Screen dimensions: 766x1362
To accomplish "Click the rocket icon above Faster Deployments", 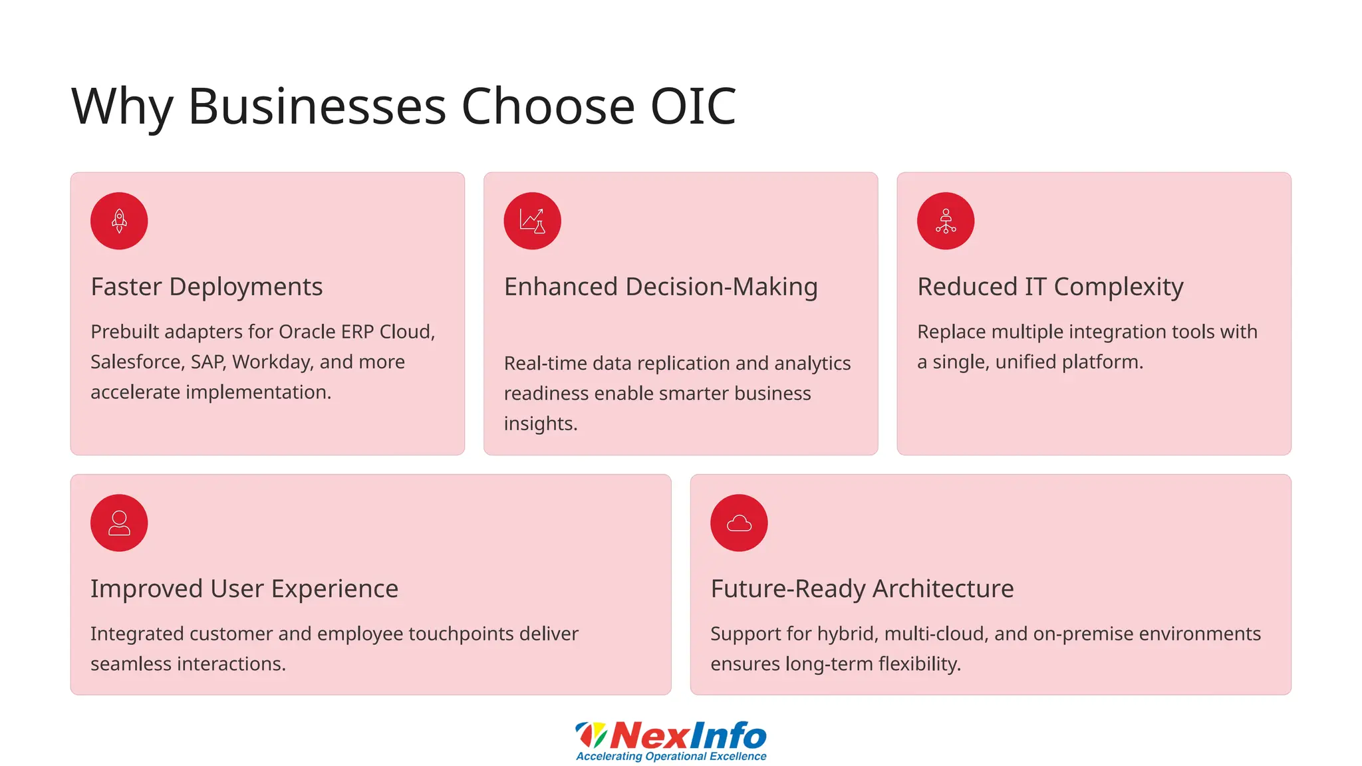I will pos(119,221).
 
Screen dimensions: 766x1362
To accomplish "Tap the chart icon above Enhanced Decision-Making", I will pos(532,221).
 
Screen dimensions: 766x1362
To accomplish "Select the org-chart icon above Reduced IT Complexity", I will pos(945,221).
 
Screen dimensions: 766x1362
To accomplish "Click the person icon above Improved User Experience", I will pos(119,523).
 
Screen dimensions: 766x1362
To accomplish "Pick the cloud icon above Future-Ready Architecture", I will pos(739,523).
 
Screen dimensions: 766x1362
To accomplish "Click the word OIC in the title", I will pos(693,106).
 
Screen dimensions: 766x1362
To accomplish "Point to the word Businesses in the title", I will pos(317,106).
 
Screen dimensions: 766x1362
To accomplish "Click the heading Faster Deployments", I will pos(206,287).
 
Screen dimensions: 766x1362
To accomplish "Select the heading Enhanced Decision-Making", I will pos(660,287).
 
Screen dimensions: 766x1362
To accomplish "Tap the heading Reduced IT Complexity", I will pos(1050,287).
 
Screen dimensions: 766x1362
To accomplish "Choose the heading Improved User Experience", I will pos(244,588).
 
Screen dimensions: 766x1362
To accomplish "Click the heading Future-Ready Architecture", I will pos(862,588).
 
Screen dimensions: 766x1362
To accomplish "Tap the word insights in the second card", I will pos(539,424).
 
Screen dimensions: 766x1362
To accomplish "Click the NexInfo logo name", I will pos(687,735).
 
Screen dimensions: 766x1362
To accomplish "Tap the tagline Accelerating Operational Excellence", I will pos(671,757).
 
